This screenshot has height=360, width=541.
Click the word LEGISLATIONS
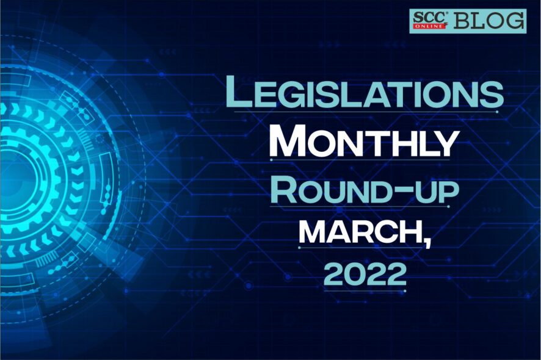coord(365,92)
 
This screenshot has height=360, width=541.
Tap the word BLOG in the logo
coord(489,20)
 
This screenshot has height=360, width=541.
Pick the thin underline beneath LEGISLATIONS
coord(365,112)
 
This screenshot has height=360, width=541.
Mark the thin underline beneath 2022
coord(365,290)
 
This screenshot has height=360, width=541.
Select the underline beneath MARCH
coord(360,247)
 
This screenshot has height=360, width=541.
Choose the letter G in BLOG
coord(514,20)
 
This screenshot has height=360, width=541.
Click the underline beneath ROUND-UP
coord(359,207)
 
